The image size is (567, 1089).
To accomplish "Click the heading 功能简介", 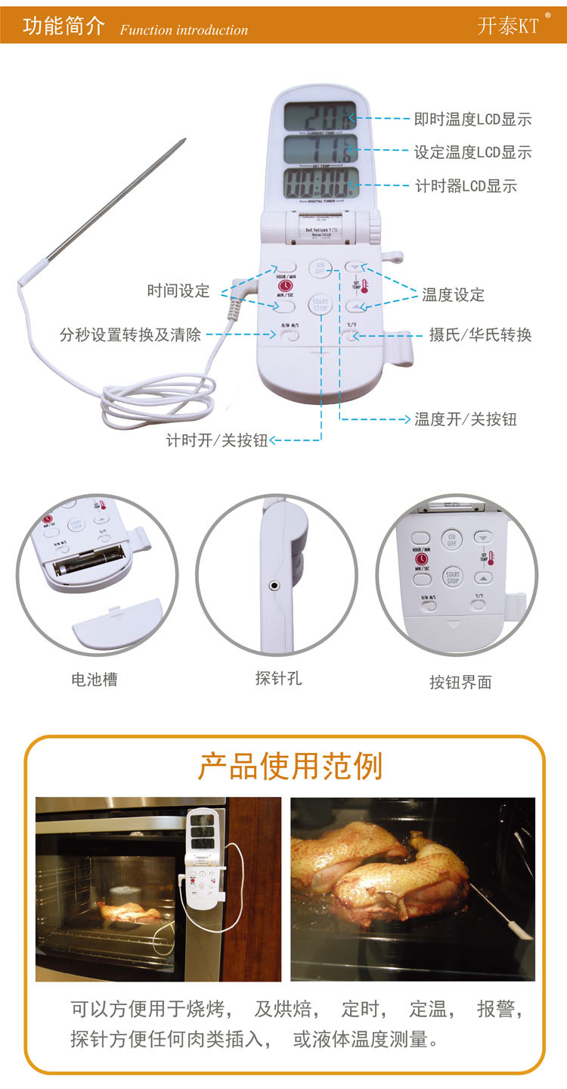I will (x=64, y=26).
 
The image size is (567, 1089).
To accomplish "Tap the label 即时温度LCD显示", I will (x=472, y=119).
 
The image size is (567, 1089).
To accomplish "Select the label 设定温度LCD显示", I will (x=472, y=152).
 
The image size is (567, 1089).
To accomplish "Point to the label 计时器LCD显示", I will (x=466, y=185).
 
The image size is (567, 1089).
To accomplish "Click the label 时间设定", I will (x=178, y=291).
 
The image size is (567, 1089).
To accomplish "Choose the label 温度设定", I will (x=453, y=294).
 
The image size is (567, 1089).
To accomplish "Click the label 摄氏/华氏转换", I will (x=469, y=334).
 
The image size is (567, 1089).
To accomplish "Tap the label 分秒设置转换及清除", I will (x=130, y=334).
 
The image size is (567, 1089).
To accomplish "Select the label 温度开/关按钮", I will (x=465, y=418).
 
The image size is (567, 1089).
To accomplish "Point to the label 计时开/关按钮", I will (x=217, y=440).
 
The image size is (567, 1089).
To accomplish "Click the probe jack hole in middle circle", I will (x=273, y=584).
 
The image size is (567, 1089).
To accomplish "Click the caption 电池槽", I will (x=94, y=679).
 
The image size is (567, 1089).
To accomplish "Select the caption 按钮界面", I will (x=460, y=682).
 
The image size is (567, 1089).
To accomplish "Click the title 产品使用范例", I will (x=290, y=767).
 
